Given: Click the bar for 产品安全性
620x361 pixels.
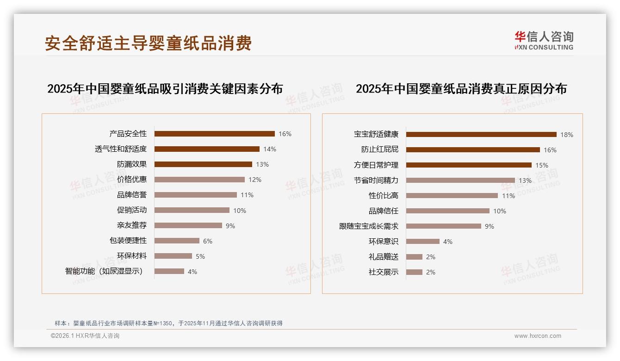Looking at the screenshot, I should (x=214, y=134).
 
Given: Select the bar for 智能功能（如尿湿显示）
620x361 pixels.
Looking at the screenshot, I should (x=169, y=271).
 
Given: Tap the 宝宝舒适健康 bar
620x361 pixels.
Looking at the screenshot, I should (x=481, y=135).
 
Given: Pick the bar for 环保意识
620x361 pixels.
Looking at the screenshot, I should (x=422, y=241).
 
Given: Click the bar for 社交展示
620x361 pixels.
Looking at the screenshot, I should (x=414, y=272).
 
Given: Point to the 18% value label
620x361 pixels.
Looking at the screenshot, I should (x=566, y=135).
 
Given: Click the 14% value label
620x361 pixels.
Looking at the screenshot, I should (x=269, y=149).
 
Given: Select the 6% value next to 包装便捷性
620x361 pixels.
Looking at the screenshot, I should (x=207, y=241).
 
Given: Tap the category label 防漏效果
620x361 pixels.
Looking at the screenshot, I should (x=131, y=164).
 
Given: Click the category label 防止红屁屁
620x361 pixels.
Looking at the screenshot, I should (x=379, y=150).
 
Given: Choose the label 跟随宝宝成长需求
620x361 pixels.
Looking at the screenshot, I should (x=368, y=226).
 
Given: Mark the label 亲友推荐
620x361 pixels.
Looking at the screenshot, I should (x=131, y=225).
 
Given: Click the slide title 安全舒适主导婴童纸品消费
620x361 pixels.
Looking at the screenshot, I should (x=148, y=43).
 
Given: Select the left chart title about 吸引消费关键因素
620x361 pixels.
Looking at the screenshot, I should (x=165, y=88).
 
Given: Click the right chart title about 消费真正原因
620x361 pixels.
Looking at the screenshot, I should (x=461, y=88).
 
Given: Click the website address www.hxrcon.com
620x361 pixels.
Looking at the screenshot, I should (x=538, y=336).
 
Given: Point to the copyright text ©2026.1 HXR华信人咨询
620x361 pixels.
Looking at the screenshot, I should (x=85, y=336).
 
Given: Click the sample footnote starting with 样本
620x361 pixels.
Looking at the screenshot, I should (x=168, y=323).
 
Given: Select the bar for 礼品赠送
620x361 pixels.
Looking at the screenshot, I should (x=414, y=257).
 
